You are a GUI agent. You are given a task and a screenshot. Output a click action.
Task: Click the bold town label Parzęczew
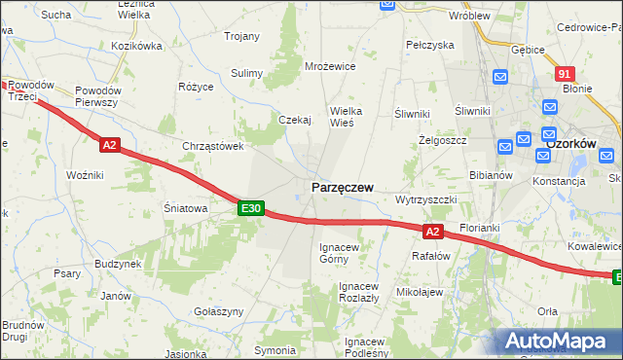342,187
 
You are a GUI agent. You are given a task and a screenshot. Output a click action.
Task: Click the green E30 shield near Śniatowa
251,208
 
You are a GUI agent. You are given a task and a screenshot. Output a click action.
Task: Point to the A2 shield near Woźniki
109,145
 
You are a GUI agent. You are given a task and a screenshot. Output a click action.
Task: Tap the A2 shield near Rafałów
434,231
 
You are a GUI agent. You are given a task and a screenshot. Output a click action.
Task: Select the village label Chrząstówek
212,146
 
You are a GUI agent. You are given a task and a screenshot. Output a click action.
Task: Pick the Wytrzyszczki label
425,198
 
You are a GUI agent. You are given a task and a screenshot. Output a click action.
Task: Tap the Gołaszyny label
218,310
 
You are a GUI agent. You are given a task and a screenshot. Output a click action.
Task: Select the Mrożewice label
330,66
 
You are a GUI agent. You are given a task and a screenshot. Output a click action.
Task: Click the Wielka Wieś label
347,117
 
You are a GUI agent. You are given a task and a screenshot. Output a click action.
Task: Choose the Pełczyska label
430,45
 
